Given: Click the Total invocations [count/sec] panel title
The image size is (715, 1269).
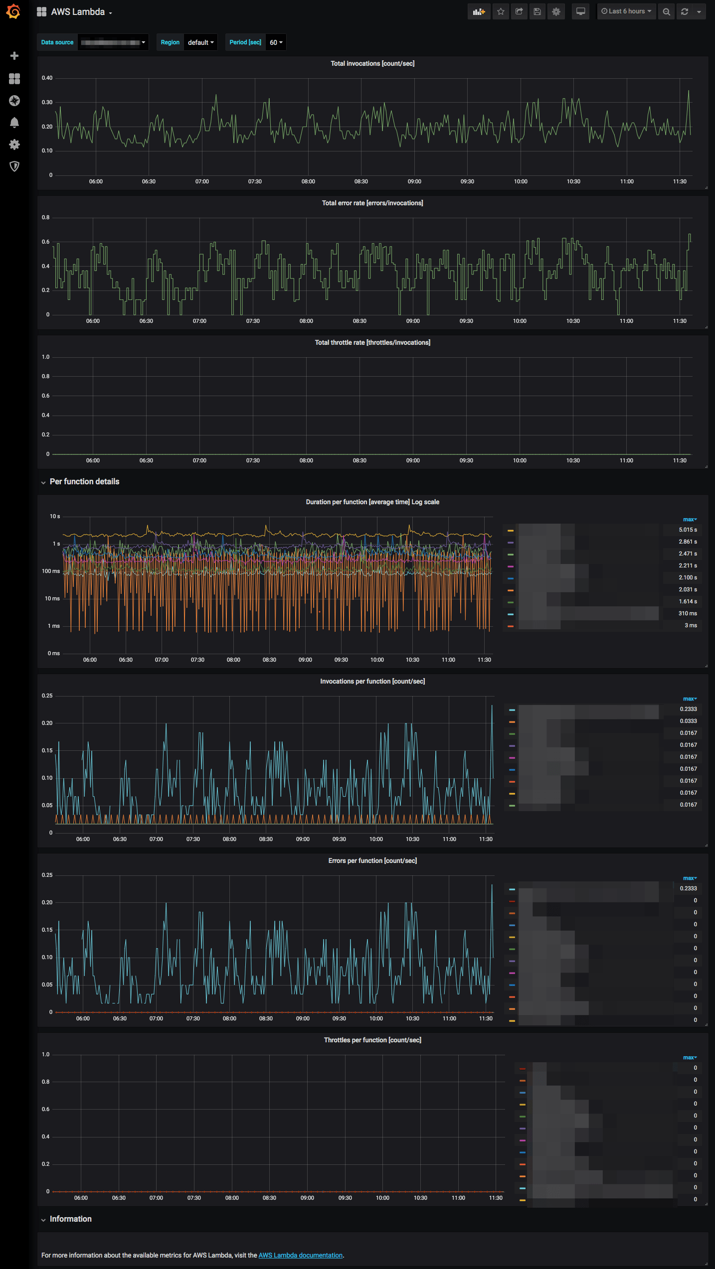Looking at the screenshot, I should [372, 64].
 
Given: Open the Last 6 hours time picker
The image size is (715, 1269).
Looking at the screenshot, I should [626, 11].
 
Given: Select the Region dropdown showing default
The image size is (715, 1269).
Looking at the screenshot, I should [200, 43].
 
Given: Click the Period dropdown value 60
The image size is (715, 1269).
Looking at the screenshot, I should [276, 43].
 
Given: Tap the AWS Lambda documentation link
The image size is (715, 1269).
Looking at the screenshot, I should [300, 1255].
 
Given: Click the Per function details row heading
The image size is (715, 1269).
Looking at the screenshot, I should [84, 482].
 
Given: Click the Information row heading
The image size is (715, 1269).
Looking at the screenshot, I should [70, 1219].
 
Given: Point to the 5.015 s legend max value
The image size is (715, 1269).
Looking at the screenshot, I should [688, 530].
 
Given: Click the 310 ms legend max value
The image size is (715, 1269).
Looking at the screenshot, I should [688, 614].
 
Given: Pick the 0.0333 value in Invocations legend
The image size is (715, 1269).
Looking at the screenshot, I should [688, 721].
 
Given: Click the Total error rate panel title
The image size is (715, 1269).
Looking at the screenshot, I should [372, 203].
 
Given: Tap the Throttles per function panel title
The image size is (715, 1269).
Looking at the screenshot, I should [372, 1040].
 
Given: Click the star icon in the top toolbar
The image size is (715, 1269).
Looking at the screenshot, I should [501, 11].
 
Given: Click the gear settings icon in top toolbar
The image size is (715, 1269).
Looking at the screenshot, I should [556, 11].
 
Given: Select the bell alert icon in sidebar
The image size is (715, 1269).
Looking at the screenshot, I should [14, 123].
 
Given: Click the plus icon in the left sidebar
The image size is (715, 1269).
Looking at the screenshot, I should [14, 56].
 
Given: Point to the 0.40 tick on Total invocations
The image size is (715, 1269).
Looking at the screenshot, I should [47, 78].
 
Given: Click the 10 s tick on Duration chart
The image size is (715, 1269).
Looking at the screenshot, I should [55, 517].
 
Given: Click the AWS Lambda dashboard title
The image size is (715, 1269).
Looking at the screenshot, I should [78, 12].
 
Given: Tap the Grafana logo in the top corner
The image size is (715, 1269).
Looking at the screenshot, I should [13, 11].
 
